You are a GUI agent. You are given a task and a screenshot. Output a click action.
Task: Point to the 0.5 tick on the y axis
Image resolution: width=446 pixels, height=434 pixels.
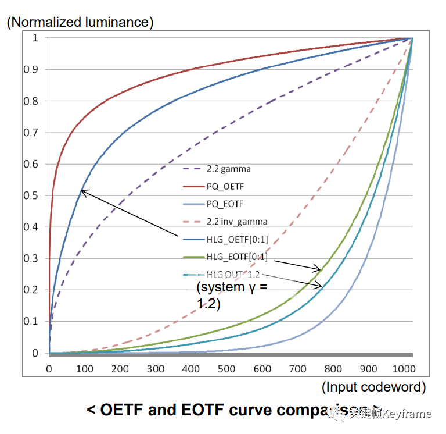34,195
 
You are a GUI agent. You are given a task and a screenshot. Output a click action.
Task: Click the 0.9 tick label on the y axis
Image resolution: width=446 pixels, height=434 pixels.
34,69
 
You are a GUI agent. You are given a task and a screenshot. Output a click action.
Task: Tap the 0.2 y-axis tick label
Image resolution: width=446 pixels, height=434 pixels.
34,290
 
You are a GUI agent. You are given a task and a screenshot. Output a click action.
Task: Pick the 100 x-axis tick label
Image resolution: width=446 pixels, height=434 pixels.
84,369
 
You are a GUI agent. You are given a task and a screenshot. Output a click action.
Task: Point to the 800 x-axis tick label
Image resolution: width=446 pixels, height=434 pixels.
333,369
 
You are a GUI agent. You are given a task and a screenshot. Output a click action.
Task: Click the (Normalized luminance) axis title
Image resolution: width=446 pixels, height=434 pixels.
80,23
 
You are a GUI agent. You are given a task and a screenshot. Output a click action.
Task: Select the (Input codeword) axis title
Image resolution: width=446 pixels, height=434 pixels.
373,387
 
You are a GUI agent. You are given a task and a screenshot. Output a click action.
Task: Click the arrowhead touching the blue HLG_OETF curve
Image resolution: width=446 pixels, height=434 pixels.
82,191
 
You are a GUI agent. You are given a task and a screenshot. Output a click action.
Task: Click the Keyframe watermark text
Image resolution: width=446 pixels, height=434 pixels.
409,414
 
